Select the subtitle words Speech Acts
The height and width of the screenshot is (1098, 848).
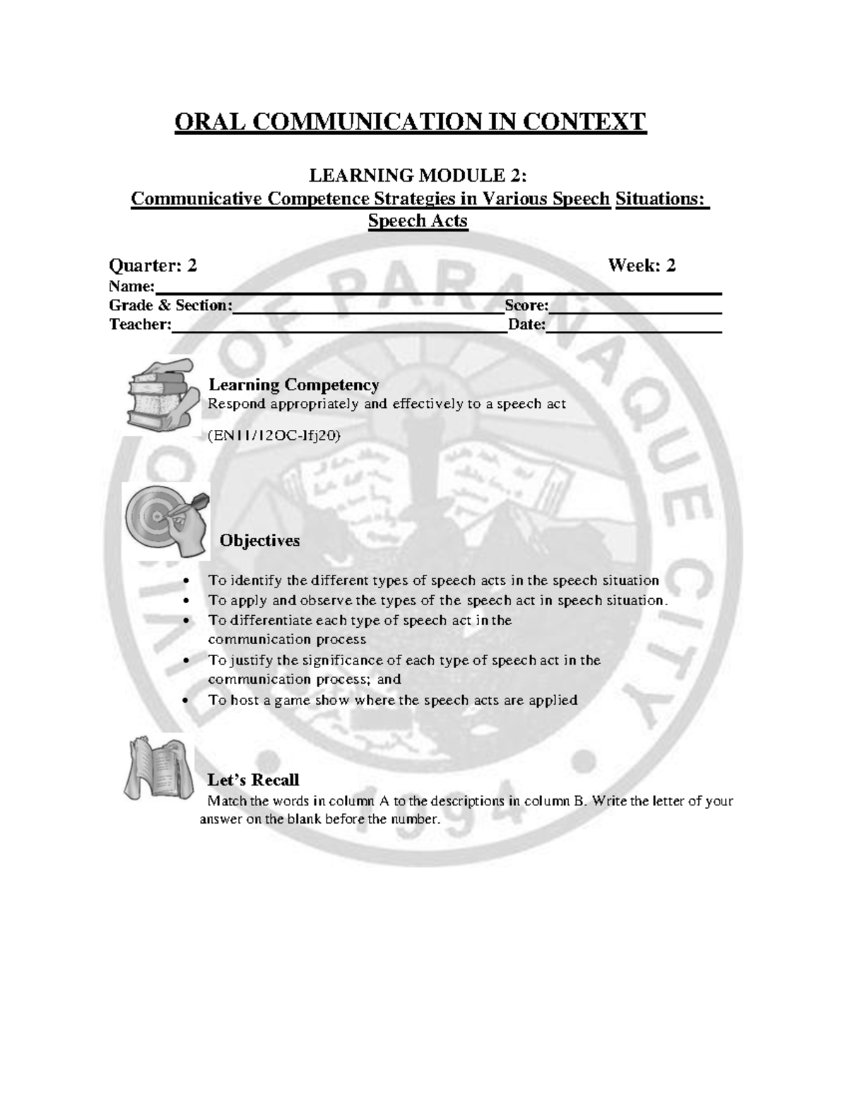click(418, 221)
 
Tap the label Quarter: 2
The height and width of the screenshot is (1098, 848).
click(153, 266)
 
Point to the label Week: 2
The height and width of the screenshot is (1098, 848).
click(642, 266)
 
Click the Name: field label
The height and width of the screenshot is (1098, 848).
click(131, 286)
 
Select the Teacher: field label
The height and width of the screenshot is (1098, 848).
click(140, 325)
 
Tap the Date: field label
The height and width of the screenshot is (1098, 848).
click(526, 325)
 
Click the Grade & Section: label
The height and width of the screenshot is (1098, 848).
click(170, 305)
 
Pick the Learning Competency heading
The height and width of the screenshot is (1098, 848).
click(294, 385)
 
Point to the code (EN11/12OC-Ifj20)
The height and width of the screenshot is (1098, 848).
click(274, 436)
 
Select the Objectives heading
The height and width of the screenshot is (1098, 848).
click(259, 541)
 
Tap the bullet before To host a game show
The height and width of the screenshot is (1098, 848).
click(186, 701)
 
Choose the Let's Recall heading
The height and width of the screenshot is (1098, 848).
click(253, 780)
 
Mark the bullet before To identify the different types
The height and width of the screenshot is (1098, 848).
click(186, 581)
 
